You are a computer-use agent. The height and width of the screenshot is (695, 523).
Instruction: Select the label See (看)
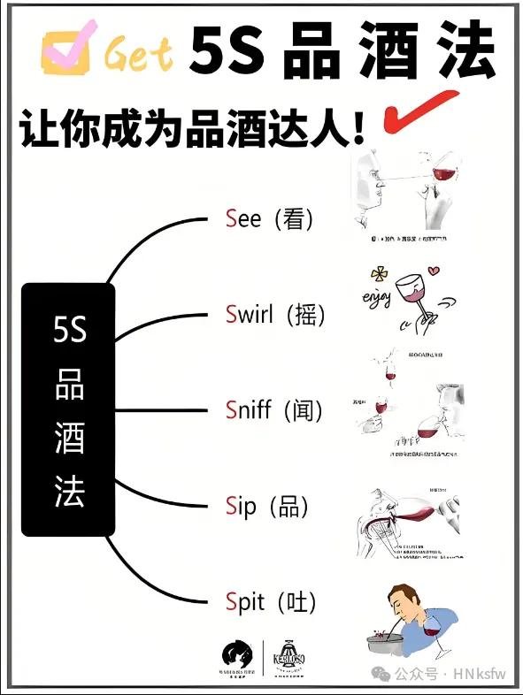pyautogui.click(x=270, y=218)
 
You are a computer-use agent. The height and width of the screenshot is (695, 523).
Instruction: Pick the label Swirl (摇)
pyautogui.click(x=275, y=314)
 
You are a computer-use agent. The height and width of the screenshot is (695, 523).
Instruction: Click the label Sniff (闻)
pyautogui.click(x=274, y=409)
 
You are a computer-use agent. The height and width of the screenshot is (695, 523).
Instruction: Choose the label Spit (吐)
pyautogui.click(x=271, y=603)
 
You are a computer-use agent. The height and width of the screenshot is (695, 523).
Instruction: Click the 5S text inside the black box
pyautogui.click(x=69, y=330)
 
